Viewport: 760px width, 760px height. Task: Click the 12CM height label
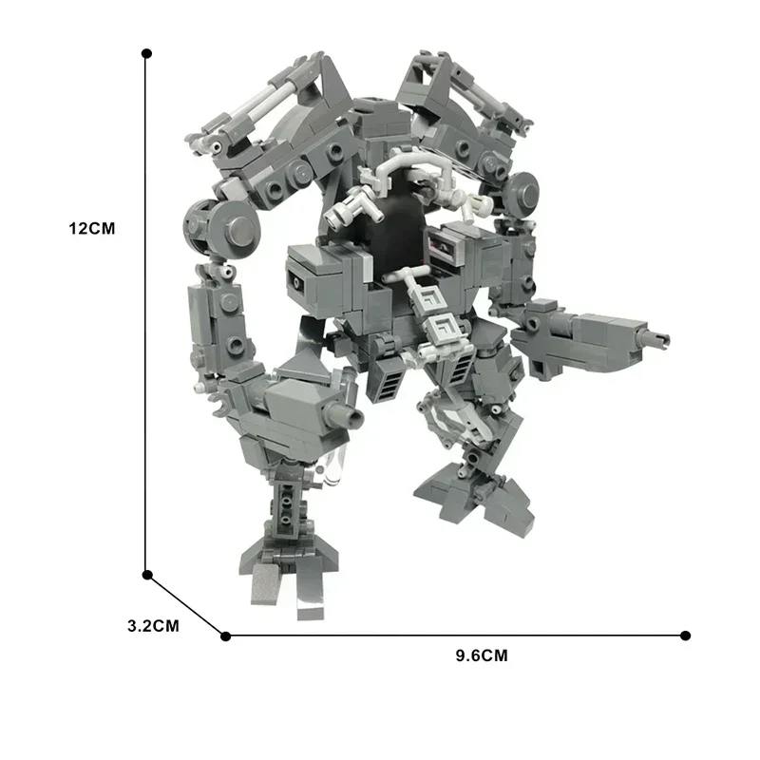click(x=91, y=229)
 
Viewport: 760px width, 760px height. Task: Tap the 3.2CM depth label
click(x=153, y=626)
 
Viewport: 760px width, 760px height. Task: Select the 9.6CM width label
click(x=482, y=655)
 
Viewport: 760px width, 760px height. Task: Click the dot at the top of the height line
click(x=146, y=53)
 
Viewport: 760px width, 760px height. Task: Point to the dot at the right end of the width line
click(x=686, y=636)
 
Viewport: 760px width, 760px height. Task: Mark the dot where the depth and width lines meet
click(x=225, y=636)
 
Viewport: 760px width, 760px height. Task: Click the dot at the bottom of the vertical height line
click(x=147, y=574)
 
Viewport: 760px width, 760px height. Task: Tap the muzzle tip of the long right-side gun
click(x=661, y=339)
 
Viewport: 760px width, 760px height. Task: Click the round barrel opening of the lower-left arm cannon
click(x=353, y=418)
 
